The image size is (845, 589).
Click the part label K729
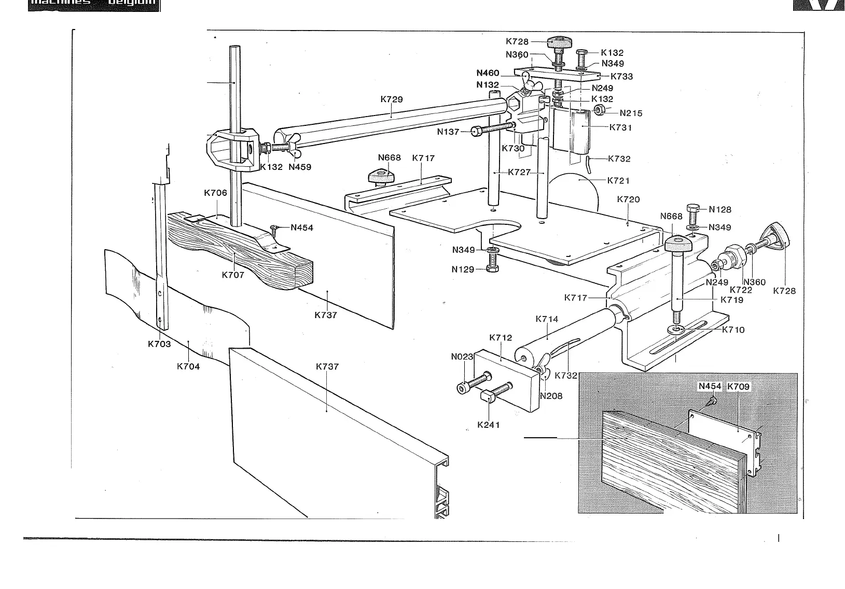coord(391,99)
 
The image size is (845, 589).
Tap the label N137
coord(448,132)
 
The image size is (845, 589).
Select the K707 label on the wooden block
coord(233,275)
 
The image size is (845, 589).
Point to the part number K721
coord(618,180)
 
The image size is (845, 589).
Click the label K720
coord(628,199)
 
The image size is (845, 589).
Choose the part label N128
coord(719,209)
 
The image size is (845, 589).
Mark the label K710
coord(733,330)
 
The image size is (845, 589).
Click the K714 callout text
coord(547,319)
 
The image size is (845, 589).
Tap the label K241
coord(488,425)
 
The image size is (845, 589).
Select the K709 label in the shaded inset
coord(738,386)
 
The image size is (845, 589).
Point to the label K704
coord(188,366)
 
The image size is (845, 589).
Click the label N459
coord(300,167)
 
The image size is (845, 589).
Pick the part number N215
coord(631,113)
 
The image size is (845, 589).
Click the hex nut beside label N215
coord(600,110)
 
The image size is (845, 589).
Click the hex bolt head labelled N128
coord(694,209)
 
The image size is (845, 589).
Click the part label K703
coord(159,344)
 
